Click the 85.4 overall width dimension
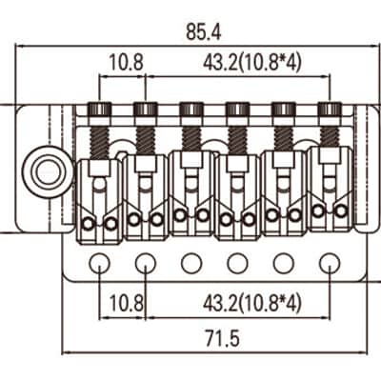tap(203, 32)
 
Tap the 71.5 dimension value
tap(222, 338)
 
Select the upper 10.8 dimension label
tap(126, 63)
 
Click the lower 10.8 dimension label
tap(126, 303)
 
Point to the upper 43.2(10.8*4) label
tap(251, 63)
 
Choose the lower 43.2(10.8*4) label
tap(251, 303)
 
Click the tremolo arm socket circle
tap(48, 171)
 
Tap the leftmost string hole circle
tap(100, 263)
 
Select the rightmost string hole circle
tap(330, 263)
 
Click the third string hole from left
tap(191, 263)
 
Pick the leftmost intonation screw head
tap(100, 110)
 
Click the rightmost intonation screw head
tap(330, 110)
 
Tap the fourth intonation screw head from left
tap(237, 110)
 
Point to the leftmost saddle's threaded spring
tap(100, 142)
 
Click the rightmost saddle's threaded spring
tap(330, 136)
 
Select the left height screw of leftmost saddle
tap(89, 224)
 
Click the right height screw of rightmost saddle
tap(341, 210)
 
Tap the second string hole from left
tap(146, 263)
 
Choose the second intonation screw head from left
tap(146, 110)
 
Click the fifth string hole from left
tap(284, 263)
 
